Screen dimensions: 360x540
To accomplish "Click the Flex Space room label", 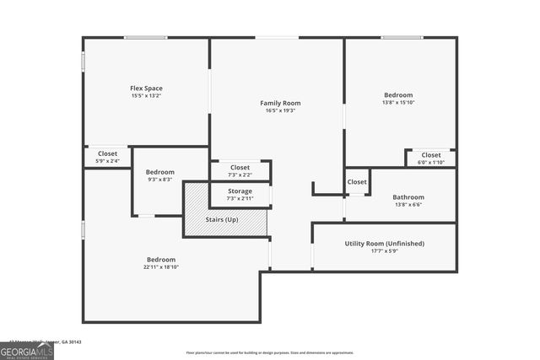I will (x=146, y=89).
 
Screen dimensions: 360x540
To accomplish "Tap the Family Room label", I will (x=280, y=103).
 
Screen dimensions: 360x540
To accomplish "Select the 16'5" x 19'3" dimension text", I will (x=280, y=110).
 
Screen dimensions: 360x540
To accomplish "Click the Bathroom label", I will (x=408, y=197).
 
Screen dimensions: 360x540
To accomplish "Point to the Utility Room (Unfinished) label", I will (x=384, y=244).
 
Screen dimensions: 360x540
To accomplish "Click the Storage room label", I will (x=240, y=191).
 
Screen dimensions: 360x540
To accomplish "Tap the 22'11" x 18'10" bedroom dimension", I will (x=161, y=267).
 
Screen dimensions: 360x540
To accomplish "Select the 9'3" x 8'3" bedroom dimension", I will (x=160, y=180).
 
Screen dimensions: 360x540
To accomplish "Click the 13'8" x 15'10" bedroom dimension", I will (x=399, y=103).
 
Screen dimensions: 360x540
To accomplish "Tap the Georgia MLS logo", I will (x=27, y=348).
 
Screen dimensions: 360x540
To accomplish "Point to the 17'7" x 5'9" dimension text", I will (x=384, y=251).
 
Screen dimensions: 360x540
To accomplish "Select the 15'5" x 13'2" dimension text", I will (x=146, y=96).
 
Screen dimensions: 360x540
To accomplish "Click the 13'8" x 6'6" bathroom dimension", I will (x=408, y=205).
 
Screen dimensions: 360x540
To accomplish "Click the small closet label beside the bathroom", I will (x=357, y=181).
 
